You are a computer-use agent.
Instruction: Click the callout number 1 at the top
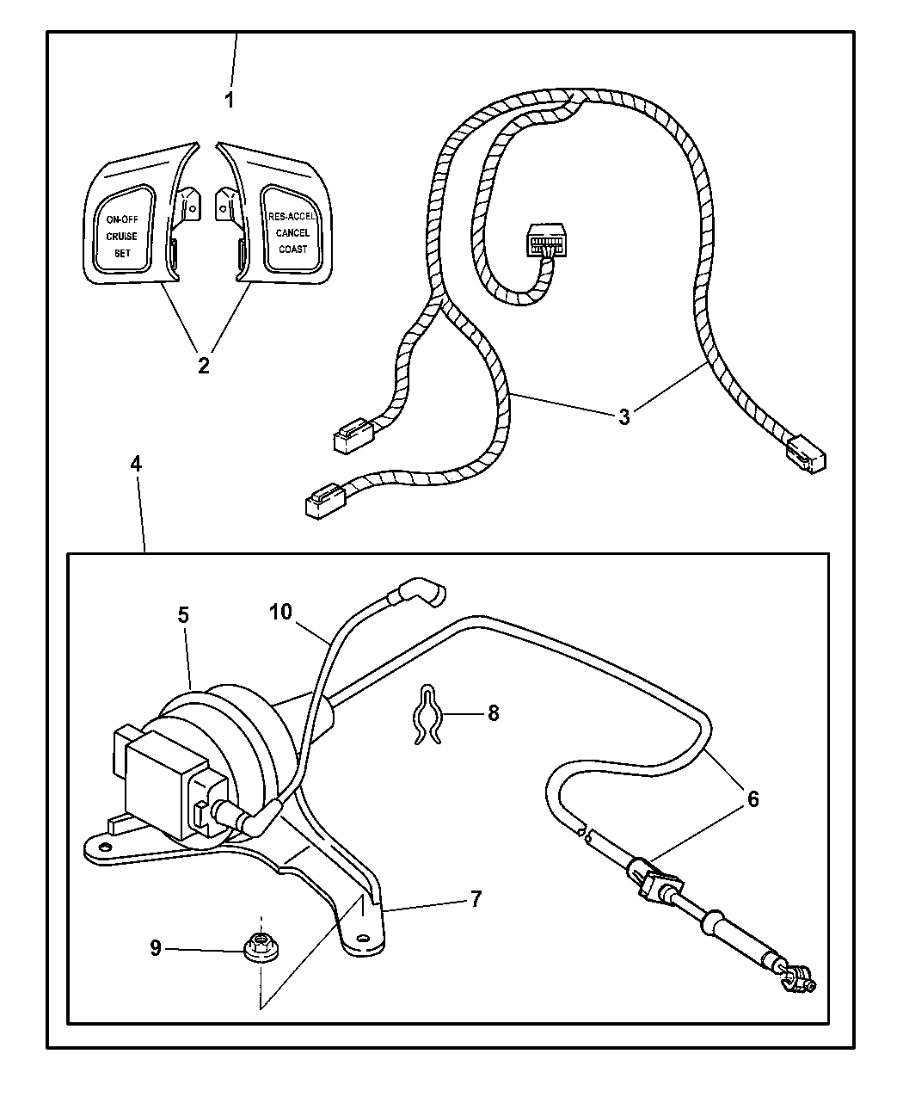tap(229, 100)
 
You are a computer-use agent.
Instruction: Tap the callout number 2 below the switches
tap(203, 365)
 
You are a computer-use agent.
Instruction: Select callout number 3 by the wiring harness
tap(623, 417)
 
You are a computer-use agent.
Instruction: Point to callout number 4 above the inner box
tap(136, 464)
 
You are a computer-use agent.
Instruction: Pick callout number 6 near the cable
tap(752, 798)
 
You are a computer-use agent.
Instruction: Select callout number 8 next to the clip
tap(494, 713)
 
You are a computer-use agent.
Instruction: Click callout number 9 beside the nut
tap(155, 947)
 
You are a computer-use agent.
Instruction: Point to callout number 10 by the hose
tap(281, 612)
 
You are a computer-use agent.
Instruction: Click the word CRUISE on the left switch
tap(121, 236)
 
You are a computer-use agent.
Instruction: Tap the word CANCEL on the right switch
tap(292, 232)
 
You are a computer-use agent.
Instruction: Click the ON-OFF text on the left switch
tap(121, 219)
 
